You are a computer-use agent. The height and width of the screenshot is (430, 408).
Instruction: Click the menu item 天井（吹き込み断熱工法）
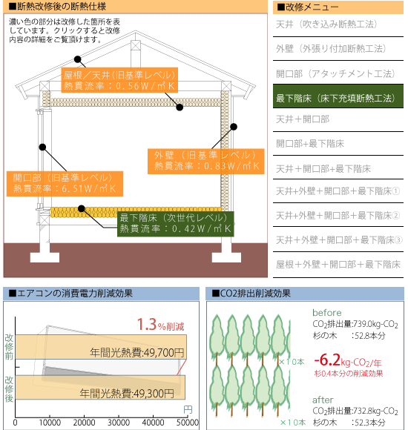click(x=326, y=24)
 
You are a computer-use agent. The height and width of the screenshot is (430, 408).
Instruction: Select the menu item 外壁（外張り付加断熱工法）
click(x=331, y=48)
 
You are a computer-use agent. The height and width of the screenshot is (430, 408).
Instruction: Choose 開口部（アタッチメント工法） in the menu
click(x=335, y=73)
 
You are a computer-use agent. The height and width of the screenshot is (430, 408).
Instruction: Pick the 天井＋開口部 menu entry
click(x=303, y=119)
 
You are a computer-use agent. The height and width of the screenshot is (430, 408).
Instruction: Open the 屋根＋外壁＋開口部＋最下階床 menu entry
click(x=338, y=265)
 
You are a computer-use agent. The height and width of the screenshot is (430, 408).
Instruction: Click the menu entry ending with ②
click(x=338, y=216)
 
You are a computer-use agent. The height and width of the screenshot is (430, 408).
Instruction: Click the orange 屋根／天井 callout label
click(x=119, y=80)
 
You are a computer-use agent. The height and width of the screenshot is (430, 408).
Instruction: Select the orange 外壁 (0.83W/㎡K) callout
click(x=205, y=162)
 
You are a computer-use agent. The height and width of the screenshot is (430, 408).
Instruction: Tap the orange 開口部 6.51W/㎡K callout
click(x=65, y=184)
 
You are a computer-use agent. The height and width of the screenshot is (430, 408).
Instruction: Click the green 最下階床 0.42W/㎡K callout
click(x=176, y=224)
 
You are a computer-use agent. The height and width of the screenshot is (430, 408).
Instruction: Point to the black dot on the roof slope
click(x=78, y=59)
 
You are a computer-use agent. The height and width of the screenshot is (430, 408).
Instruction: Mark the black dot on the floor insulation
click(x=81, y=208)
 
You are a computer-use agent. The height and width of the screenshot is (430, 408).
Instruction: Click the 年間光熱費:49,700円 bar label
click(x=137, y=352)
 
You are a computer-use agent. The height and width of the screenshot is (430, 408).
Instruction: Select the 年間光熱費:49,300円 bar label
click(x=127, y=394)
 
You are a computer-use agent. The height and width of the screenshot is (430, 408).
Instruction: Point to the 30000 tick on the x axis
click(x=119, y=423)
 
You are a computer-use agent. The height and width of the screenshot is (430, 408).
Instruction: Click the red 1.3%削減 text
click(x=160, y=325)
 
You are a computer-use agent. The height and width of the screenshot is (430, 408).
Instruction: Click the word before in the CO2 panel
click(x=327, y=313)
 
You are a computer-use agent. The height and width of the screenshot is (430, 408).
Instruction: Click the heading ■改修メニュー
click(x=308, y=7)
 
